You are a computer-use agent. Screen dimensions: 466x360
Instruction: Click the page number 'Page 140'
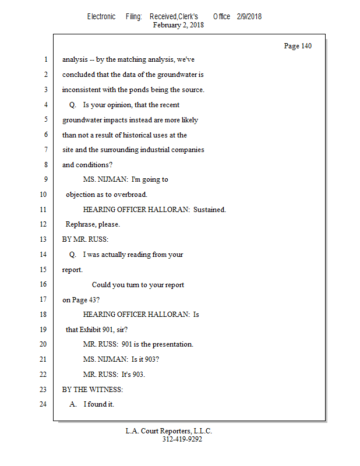click(x=298, y=46)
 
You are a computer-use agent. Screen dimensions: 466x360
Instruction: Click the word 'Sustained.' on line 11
click(x=210, y=210)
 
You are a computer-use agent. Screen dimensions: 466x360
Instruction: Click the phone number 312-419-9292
click(x=182, y=439)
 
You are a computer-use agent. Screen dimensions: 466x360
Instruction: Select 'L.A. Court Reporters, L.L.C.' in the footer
click(x=169, y=431)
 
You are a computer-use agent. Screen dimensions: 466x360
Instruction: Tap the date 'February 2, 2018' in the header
click(x=178, y=25)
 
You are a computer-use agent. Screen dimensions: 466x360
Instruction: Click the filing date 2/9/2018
click(x=249, y=16)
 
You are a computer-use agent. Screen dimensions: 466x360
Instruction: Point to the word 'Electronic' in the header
click(x=101, y=16)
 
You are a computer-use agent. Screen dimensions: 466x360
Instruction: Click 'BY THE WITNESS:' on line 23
click(x=93, y=389)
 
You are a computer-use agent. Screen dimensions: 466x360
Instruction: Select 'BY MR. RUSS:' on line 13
click(x=86, y=239)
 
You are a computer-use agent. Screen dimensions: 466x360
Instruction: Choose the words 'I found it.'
click(x=98, y=404)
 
